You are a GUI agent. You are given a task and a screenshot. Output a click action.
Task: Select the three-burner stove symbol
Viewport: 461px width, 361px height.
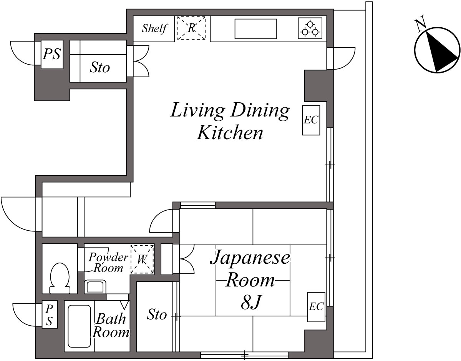[x=310, y=28]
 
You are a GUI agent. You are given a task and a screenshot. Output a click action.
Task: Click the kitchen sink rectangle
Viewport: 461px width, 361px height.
[x=255, y=29]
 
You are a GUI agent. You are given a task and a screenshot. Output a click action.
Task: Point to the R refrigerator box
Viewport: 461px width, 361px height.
[x=192, y=28]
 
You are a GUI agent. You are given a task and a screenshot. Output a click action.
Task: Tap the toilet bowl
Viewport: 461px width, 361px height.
[x=60, y=278]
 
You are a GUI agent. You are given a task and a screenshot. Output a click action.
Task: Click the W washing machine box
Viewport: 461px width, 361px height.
[x=142, y=259]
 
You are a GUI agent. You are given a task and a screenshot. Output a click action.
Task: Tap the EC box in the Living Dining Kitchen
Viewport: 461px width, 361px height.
[x=311, y=120]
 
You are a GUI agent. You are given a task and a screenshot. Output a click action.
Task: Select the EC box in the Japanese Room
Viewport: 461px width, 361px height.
[x=316, y=307]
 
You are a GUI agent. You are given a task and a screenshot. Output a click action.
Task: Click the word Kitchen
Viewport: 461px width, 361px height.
[x=230, y=133]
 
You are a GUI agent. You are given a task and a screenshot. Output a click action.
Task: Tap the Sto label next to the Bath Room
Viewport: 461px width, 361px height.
[x=157, y=314]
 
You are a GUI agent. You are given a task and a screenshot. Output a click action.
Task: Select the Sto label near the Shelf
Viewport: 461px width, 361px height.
[x=100, y=67]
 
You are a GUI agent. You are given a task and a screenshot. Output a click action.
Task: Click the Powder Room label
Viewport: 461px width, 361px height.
[x=108, y=262]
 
